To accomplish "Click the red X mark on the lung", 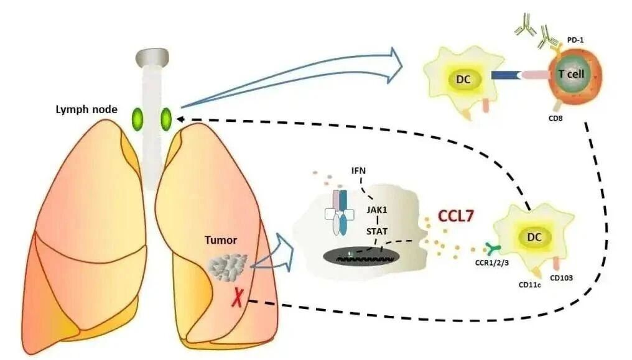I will (x=237, y=300).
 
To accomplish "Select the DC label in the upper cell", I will (x=465, y=80).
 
